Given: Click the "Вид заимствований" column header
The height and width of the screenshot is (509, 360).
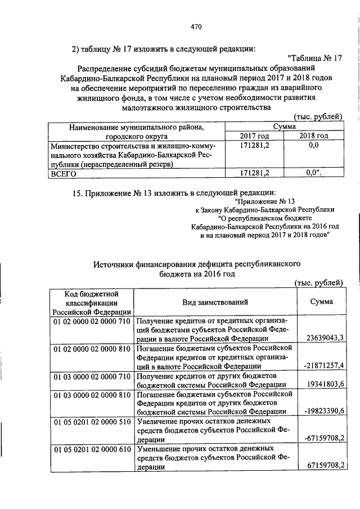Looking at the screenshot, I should (x=215, y=303).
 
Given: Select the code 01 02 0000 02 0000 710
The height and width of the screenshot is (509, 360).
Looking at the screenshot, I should (x=92, y=320).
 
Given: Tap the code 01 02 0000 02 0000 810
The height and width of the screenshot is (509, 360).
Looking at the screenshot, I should (x=92, y=349).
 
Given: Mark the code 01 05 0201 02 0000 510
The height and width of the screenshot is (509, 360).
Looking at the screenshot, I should (x=92, y=421).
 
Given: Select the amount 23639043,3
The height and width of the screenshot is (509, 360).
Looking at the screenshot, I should (x=322, y=339).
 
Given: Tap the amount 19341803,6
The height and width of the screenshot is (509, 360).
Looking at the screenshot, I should (x=322, y=385).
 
